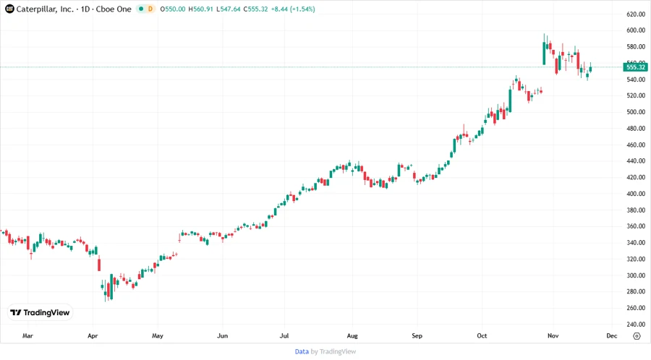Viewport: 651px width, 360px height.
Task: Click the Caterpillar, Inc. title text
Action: [x=46, y=9]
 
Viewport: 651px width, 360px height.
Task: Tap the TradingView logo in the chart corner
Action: [x=40, y=312]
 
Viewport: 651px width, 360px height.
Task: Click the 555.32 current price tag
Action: [x=637, y=67]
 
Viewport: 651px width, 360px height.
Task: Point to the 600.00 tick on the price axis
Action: [x=636, y=30]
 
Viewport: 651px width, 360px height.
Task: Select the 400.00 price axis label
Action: [x=636, y=194]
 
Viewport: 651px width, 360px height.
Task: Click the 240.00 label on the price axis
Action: [x=636, y=325]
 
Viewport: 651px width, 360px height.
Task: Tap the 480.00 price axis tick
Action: [x=636, y=129]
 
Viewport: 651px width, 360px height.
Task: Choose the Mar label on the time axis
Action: [x=28, y=336]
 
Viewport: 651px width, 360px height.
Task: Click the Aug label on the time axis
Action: [x=352, y=336]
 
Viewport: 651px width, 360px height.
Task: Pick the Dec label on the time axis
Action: [x=611, y=336]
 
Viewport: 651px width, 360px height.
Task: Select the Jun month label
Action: [x=223, y=336]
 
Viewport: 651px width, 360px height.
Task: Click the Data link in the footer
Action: [x=302, y=351]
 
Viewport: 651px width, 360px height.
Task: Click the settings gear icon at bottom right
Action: [x=636, y=336]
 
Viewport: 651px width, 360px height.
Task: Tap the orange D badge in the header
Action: [x=150, y=9]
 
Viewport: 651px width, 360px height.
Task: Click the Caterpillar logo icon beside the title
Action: [x=9, y=9]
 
